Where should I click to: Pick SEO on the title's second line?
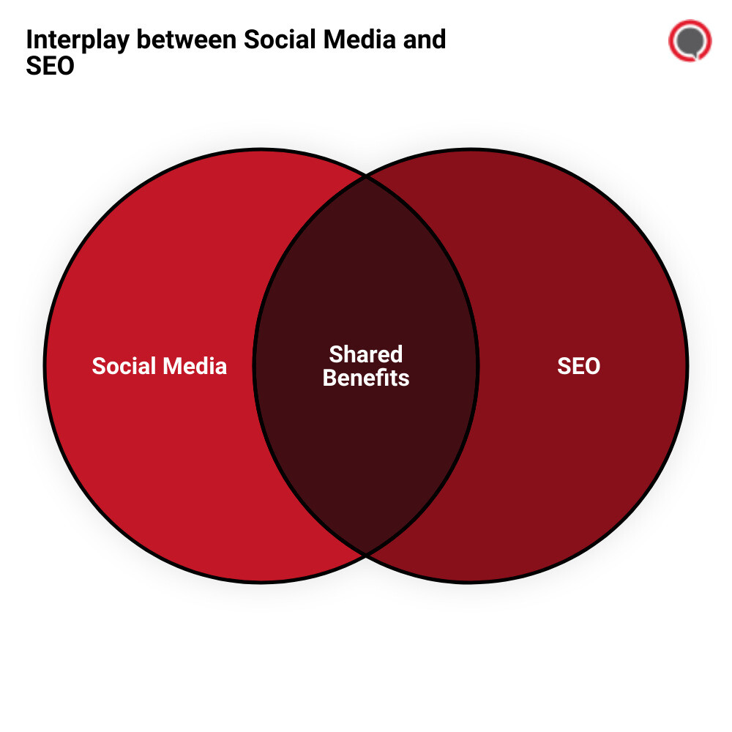tap(50, 66)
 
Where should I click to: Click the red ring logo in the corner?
tap(690, 41)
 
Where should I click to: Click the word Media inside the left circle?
tap(194, 366)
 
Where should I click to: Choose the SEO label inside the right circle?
tap(578, 366)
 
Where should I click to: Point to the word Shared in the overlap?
tap(366, 354)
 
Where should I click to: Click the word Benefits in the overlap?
tap(366, 378)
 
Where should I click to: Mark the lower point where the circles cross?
tap(366, 554)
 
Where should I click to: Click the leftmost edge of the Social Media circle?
tap(45, 366)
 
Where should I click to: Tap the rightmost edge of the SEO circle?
tap(687, 366)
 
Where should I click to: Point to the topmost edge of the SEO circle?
tap(470, 150)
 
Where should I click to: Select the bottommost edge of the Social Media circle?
tap(261, 582)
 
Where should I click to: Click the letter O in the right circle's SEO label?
tap(592, 366)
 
